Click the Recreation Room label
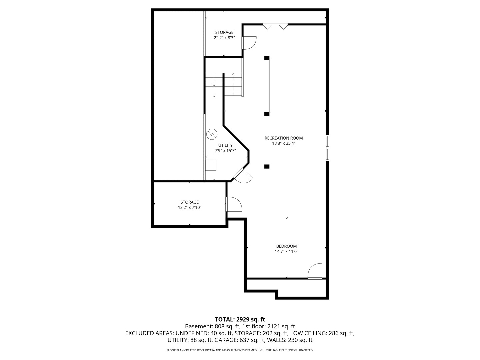point(284,138)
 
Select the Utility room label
point(225,145)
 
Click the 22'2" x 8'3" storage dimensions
point(224,38)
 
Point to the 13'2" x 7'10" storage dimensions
point(190,207)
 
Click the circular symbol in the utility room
point(212,134)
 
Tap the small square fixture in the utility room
point(211,165)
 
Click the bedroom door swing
point(315,271)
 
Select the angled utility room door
point(243,175)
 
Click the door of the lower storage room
point(234,204)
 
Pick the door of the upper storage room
point(249,42)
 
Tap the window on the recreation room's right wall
point(328,148)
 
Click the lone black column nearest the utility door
point(267,167)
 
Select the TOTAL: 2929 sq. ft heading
point(240,319)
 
